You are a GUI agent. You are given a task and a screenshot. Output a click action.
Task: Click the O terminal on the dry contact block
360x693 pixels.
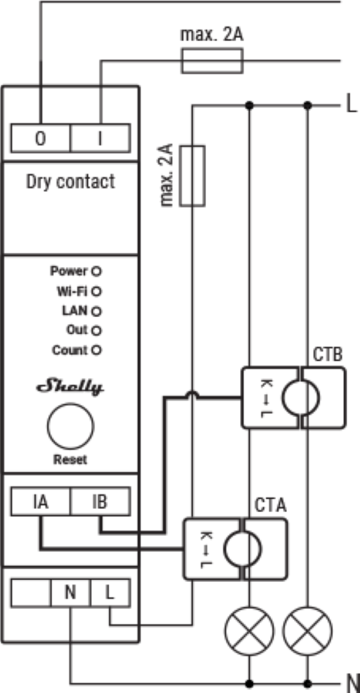40,139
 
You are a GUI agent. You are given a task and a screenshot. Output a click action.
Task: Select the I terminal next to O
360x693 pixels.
100,139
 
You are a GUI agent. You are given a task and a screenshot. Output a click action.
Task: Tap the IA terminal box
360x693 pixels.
40,502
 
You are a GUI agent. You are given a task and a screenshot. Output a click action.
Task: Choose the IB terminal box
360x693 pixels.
100,502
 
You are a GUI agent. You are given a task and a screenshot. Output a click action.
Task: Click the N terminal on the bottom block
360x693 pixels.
71,593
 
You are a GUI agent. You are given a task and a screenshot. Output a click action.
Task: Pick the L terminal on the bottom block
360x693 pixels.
110,593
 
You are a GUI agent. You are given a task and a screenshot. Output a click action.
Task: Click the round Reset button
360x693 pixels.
71,425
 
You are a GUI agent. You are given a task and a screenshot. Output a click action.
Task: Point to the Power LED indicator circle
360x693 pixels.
96,271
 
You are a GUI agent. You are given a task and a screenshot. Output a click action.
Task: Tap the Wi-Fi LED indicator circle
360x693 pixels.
96,292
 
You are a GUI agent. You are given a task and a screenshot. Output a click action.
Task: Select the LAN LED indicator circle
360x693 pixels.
96,312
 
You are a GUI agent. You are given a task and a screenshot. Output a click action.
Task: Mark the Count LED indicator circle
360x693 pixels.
96,350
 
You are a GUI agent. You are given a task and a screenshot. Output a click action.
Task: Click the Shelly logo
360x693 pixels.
70,387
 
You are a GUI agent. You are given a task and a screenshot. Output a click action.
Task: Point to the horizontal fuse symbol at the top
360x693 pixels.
212,60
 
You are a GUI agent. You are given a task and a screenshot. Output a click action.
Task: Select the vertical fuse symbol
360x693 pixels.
193,175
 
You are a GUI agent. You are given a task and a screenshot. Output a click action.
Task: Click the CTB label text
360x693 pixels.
328,354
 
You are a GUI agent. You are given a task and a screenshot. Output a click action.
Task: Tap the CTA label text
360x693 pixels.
270,506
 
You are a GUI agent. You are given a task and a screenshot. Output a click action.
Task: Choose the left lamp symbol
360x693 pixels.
250,631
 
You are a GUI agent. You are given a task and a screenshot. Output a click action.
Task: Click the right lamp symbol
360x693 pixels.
308,631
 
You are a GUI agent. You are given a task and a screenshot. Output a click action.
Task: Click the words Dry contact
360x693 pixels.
71,181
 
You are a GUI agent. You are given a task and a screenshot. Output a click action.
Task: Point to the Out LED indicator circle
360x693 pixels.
96,330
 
